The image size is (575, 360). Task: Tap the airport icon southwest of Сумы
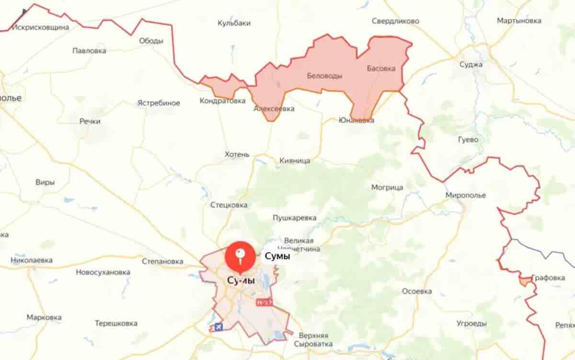(217, 327)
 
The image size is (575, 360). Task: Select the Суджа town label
(471, 65)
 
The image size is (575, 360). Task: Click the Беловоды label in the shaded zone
(324, 76)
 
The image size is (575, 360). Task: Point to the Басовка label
(381, 69)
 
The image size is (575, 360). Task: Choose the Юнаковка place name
(356, 120)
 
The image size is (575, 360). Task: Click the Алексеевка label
(274, 109)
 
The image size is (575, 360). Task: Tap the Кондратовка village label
(222, 101)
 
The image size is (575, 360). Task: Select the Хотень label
(237, 154)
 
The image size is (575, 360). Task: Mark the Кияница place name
(295, 161)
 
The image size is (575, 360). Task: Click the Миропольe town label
(465, 195)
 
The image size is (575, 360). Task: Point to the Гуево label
(468, 139)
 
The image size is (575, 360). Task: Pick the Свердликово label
(395, 21)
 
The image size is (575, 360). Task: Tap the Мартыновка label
(519, 21)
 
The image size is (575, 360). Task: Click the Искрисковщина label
(41, 27)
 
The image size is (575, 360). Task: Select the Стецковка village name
(229, 205)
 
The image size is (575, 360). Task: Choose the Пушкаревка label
(294, 218)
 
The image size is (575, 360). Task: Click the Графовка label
(548, 278)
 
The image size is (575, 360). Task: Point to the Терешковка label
(116, 323)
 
